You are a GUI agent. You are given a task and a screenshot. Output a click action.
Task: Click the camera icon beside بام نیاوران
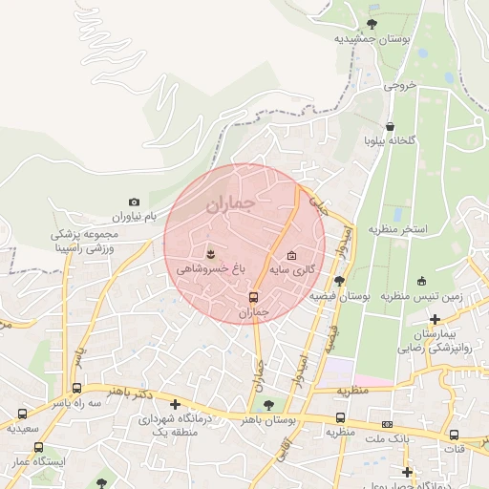134,202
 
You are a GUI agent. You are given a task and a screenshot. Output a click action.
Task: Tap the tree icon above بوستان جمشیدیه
372,24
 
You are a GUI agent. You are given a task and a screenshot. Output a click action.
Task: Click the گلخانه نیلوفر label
390,141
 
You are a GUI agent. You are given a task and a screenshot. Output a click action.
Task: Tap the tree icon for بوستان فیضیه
339,280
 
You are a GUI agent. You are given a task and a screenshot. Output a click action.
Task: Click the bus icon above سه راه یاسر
76,389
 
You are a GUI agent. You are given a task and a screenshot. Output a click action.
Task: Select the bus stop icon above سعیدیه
22,414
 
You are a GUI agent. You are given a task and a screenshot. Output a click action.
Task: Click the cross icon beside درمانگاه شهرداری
174,404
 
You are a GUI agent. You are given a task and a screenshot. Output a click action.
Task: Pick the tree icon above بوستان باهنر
266,405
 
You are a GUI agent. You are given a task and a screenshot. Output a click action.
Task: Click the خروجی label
402,85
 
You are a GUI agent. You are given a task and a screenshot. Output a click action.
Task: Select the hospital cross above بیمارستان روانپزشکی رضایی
436,319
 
